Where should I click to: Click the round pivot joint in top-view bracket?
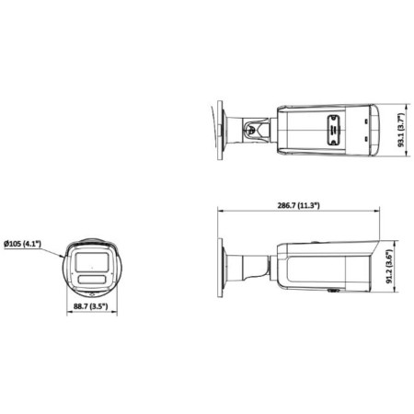pos(249,130)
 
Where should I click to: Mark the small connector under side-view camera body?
pos(332,293)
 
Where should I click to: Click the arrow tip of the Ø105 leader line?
pos(63,253)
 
